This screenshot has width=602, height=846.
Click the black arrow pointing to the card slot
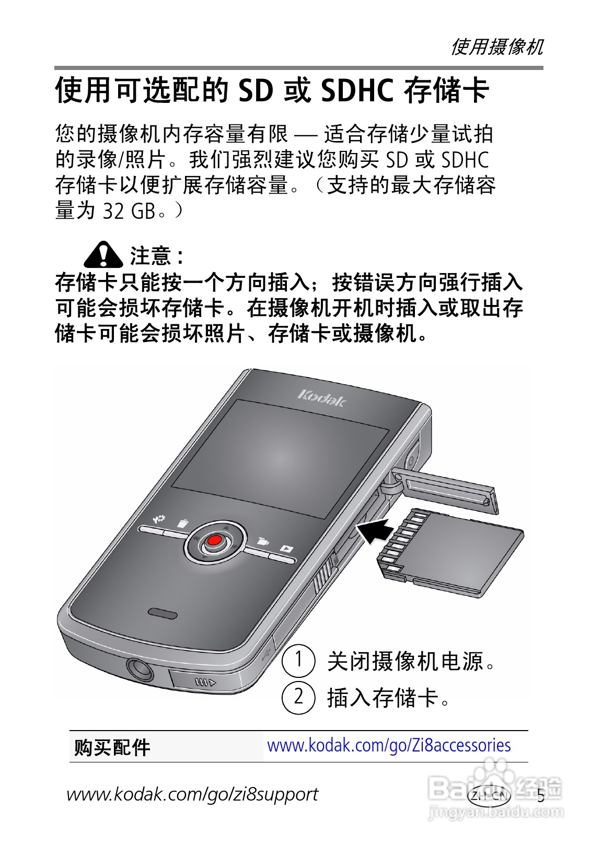375,531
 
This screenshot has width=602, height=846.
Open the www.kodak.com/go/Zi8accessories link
389,745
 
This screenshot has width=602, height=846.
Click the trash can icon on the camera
183,523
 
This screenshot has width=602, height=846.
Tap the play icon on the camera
286,548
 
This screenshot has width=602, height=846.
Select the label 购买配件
112,747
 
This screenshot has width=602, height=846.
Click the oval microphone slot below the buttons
162,612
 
